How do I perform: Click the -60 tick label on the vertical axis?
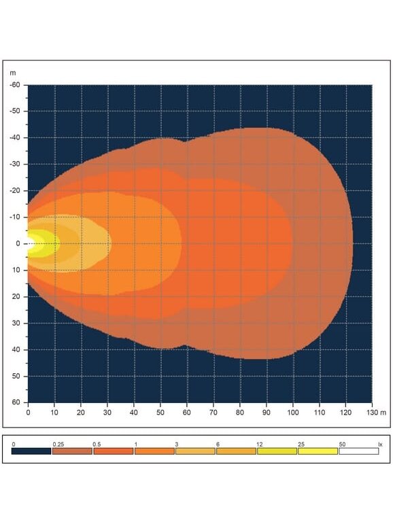click(15, 85)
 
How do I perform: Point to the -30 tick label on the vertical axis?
click(15, 164)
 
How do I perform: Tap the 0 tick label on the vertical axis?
click(18, 243)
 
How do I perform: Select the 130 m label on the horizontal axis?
click(376, 413)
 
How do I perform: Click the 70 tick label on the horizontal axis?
click(213, 413)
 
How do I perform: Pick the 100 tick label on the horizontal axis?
click(293, 413)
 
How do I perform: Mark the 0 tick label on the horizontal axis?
click(28, 413)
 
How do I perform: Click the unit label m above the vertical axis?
click(13, 73)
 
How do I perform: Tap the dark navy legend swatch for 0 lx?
click(31, 451)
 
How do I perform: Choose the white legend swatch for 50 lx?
click(358, 451)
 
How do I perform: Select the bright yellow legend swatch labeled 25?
click(318, 451)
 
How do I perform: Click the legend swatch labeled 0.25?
click(72, 451)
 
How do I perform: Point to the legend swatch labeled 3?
click(195, 451)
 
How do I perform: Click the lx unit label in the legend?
click(380, 444)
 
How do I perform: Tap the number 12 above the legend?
click(260, 444)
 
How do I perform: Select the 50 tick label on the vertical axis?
click(16, 376)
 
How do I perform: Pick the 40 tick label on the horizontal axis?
click(133, 413)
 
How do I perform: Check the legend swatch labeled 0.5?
click(114, 451)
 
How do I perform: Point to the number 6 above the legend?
click(218, 444)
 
